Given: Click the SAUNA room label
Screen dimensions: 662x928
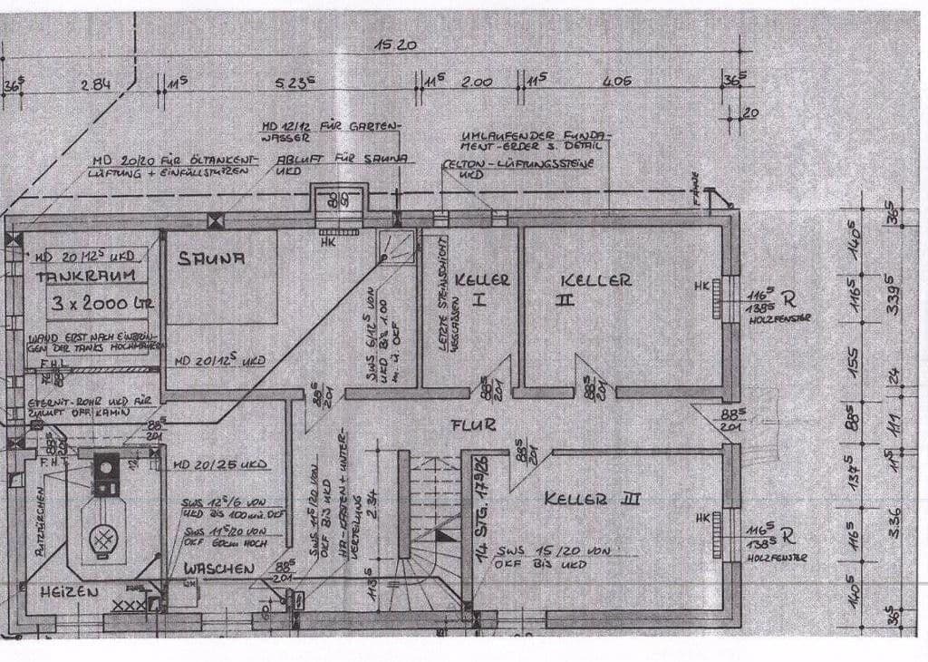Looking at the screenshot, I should pos(212,258).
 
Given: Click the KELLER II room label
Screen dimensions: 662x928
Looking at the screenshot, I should pos(594,280).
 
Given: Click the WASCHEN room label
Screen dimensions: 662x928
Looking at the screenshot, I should pos(219,569).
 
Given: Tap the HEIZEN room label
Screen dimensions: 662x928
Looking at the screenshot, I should pos(68,591).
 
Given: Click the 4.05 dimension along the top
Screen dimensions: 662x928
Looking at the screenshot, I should pos(616,82).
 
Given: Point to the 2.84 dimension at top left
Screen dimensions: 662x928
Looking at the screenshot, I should pos(95,83).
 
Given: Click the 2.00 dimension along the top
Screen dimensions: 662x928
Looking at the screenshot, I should pos(477,83).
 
